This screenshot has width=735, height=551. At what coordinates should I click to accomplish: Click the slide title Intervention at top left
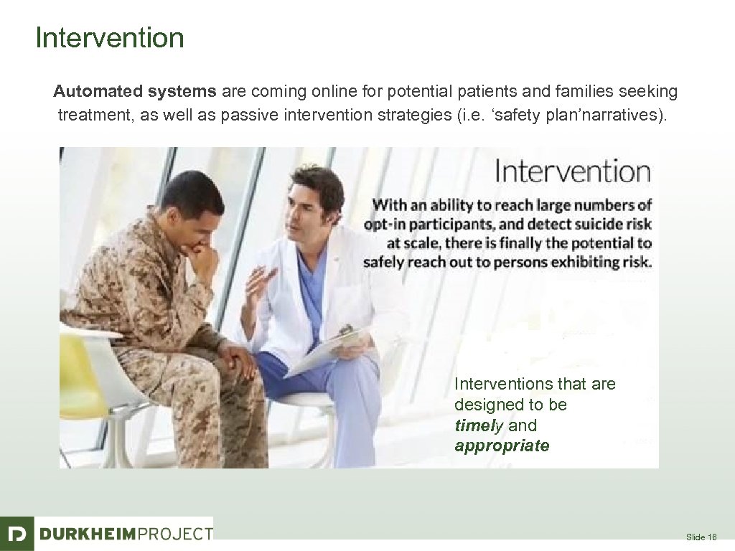point(109,37)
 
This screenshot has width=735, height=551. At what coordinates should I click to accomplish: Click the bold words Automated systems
point(134,92)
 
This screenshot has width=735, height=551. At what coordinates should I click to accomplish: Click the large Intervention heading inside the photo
point(572,172)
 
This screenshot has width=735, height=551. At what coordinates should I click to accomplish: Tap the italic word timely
point(479,425)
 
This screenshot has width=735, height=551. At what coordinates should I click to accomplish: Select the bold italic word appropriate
point(502,446)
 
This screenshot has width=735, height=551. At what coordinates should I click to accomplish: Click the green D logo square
point(17,533)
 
